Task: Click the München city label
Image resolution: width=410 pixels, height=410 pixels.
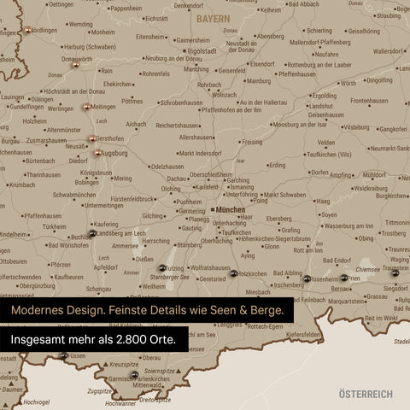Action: (x=231, y=208)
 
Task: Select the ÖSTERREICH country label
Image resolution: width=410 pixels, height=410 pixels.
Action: (x=366, y=394)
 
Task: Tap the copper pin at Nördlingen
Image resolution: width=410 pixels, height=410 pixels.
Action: (x=28, y=30)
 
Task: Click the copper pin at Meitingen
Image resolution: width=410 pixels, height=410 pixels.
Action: (x=86, y=108)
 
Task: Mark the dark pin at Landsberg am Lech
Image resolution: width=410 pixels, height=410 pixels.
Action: (x=92, y=233)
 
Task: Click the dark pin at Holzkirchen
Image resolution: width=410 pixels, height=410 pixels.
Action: (x=233, y=274)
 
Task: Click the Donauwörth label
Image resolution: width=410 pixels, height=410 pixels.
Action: (x=77, y=60)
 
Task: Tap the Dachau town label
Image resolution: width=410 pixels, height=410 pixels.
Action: (x=177, y=179)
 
